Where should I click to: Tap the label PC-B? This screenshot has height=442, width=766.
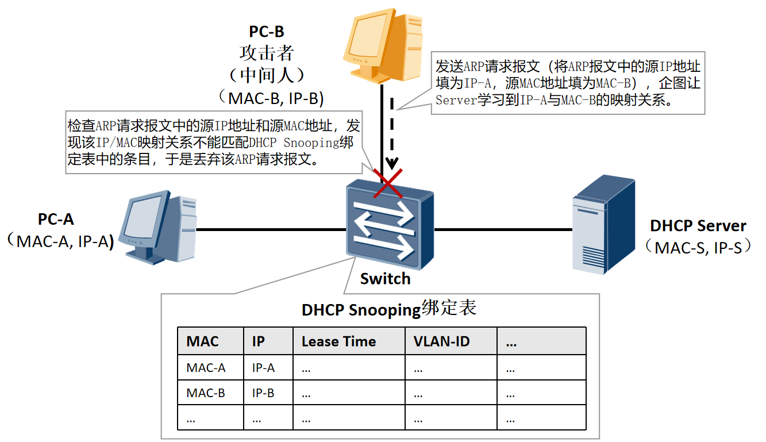click(x=266, y=32)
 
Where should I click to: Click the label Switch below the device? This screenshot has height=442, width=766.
click(x=385, y=279)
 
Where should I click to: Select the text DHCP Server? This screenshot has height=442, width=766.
click(x=698, y=225)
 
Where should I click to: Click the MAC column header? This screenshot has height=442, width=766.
click(x=202, y=341)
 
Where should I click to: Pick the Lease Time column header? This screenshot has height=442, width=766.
click(x=338, y=341)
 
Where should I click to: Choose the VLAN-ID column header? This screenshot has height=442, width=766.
click(x=441, y=341)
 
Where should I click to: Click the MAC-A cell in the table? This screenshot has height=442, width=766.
click(x=206, y=368)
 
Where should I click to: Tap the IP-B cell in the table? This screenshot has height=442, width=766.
click(x=263, y=394)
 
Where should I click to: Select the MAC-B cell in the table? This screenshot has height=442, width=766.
click(x=206, y=394)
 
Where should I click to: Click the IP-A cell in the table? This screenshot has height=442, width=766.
click(x=263, y=368)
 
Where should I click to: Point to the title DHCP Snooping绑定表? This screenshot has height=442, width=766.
click(x=389, y=309)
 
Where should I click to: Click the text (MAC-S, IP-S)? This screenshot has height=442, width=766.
click(x=698, y=248)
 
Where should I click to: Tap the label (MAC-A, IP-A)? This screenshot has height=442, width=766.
click(x=60, y=241)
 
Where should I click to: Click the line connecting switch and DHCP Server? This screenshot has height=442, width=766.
click(x=503, y=230)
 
